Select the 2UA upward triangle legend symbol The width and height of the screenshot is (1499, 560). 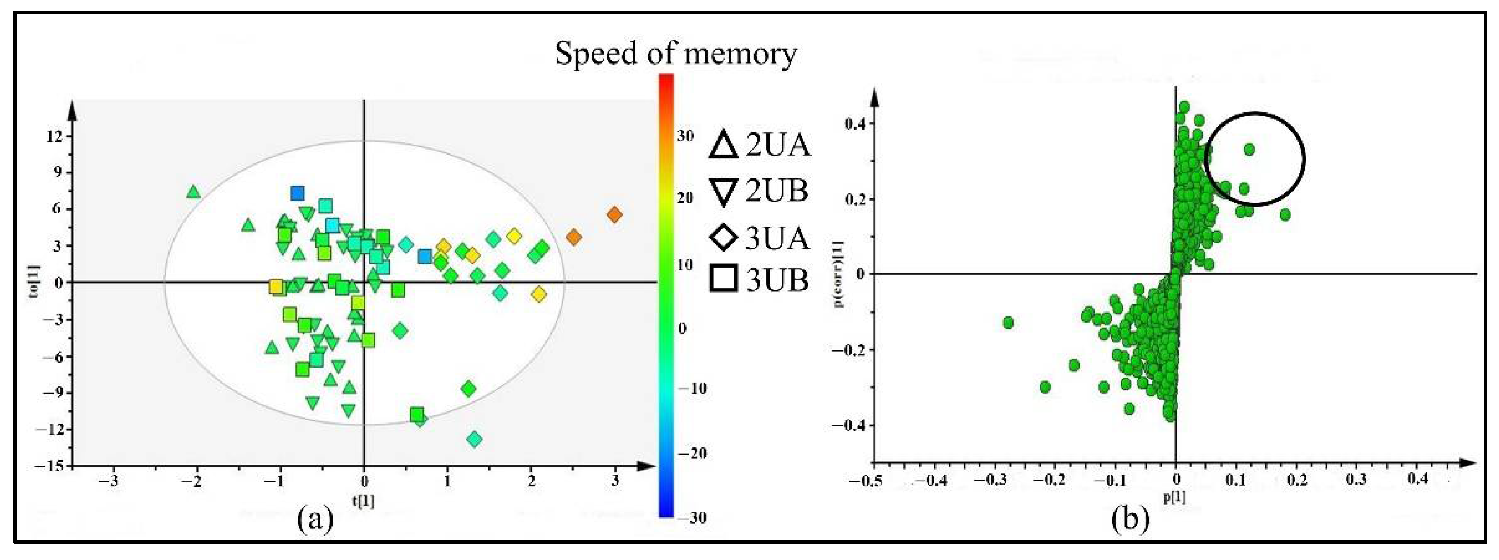(x=723, y=145)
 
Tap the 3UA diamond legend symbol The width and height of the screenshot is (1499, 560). (x=723, y=238)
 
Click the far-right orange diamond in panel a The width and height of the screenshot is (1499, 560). (x=614, y=215)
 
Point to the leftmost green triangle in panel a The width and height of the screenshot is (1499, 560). (x=194, y=192)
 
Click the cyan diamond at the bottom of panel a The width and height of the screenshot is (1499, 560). (x=475, y=440)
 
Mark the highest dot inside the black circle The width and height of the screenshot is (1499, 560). (x=1249, y=150)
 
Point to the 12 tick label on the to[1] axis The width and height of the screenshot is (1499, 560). (x=54, y=136)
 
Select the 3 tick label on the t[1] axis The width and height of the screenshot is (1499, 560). (x=615, y=482)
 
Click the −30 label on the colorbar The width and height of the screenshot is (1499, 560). (x=691, y=517)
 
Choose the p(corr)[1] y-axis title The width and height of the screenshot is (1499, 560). (x=840, y=273)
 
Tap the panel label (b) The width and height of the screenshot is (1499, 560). (x=1129, y=519)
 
